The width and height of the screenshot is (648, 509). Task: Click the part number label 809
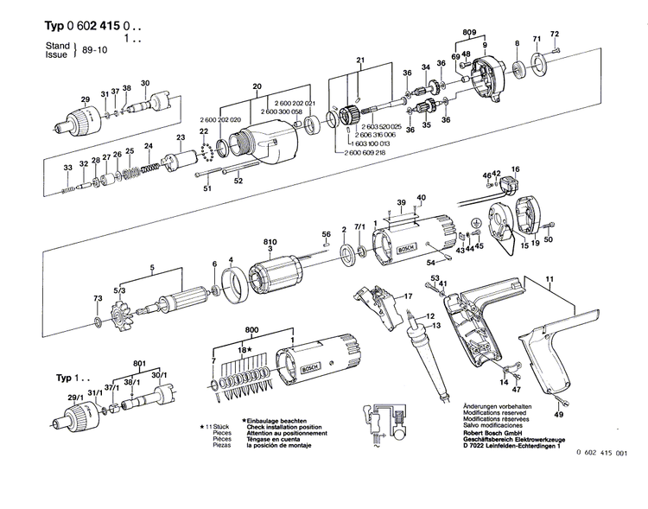469,33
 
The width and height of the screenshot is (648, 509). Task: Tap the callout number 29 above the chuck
85,99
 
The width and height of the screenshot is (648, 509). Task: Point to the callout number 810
270,243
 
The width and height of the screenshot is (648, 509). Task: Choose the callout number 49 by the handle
559,415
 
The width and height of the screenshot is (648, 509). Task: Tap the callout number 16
516,169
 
